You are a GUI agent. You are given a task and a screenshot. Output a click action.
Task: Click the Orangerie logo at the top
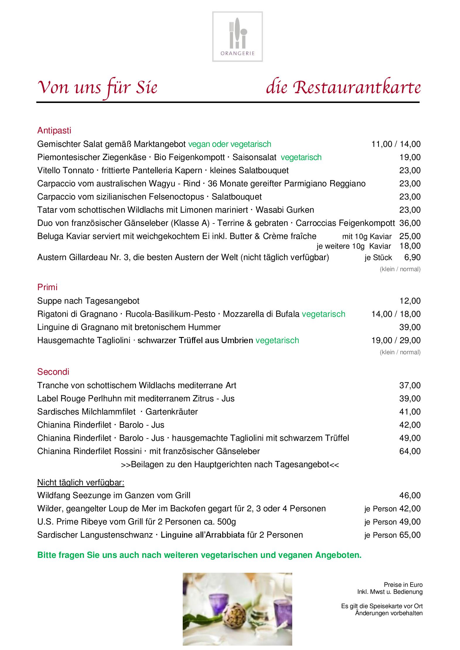click(237, 37)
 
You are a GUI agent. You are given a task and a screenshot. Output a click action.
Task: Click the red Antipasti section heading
click(54, 130)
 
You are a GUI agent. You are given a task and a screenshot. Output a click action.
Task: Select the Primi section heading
click(47, 287)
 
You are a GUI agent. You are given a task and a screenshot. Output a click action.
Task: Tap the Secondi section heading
click(53, 372)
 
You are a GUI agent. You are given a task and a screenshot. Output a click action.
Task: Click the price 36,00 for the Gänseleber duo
click(410, 223)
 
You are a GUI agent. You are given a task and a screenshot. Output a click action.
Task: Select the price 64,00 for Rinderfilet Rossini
click(410, 451)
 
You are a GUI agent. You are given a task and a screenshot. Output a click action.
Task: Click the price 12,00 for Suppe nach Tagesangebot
click(410, 301)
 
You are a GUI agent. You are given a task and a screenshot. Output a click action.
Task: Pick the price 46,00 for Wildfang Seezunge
click(410, 495)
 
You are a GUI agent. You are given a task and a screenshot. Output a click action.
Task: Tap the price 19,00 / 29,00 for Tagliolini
click(396, 340)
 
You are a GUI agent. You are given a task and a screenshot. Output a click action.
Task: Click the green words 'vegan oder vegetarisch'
click(230, 144)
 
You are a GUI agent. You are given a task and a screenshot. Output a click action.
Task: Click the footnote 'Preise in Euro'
click(403, 585)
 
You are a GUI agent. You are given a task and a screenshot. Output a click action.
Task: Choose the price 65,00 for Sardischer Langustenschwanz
click(410, 535)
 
